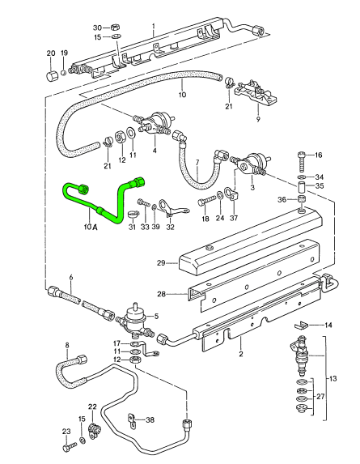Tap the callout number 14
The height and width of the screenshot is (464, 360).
point(328,326)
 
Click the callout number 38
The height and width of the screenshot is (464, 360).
point(150,420)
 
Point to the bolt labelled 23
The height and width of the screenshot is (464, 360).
point(66,445)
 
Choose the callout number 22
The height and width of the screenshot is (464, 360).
point(92,407)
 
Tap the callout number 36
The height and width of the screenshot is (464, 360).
point(280,201)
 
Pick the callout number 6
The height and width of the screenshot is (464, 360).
point(71,278)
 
